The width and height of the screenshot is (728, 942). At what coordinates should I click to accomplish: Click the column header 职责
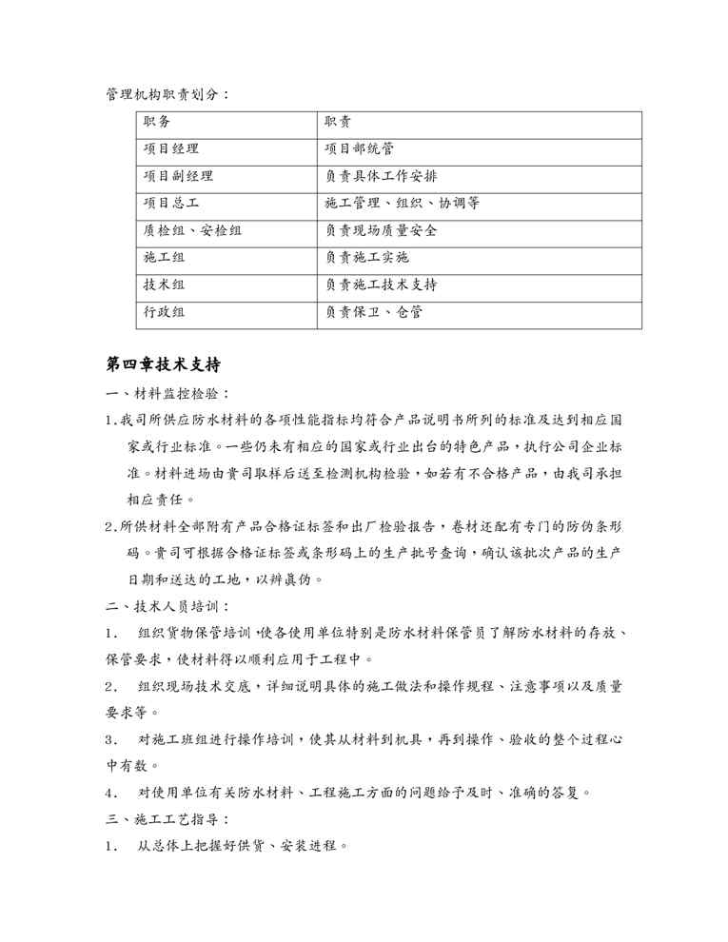[338, 122]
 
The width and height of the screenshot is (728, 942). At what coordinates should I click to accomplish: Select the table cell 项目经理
[171, 149]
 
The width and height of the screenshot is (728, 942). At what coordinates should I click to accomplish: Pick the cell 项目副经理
[178, 176]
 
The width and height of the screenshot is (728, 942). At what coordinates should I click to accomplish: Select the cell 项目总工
[171, 204]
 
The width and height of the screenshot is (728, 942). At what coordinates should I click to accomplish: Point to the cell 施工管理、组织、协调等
[402, 204]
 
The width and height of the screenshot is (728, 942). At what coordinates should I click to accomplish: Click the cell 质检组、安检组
[192, 230]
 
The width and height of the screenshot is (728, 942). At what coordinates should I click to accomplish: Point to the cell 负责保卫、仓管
[374, 312]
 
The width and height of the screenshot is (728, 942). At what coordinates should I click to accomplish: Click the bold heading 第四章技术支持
[164, 364]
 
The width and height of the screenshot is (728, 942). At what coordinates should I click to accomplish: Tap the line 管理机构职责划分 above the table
[167, 95]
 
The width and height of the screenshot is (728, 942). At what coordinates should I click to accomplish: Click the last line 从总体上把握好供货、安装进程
[243, 845]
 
